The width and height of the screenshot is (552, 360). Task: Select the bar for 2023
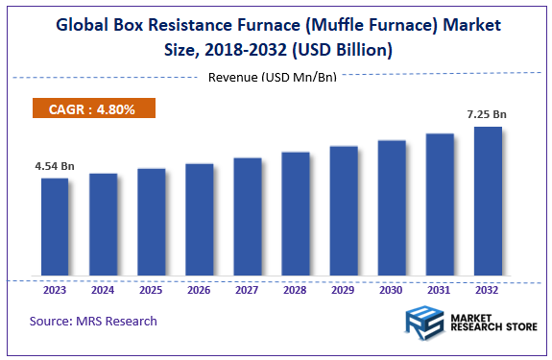tap(55, 227)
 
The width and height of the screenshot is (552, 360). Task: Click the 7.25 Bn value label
tap(487, 115)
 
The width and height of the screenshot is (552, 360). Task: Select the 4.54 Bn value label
tap(54, 166)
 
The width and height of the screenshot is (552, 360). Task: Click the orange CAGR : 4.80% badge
tap(93, 109)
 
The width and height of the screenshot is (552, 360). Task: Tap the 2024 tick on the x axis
tap(103, 288)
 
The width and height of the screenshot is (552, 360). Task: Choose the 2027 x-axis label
tap(247, 288)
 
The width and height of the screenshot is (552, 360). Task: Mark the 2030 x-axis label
tap(391, 288)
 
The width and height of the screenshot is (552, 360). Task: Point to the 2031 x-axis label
tap(439, 288)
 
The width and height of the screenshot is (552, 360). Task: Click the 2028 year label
tap(295, 288)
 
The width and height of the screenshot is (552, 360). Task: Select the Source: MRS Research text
tap(93, 321)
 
